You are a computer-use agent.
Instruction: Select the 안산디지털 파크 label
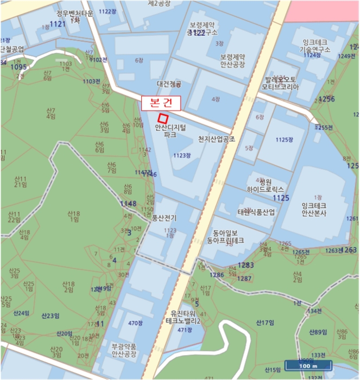tap(170, 130)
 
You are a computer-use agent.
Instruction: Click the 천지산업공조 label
tap(216, 140)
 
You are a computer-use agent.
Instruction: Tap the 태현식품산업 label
tap(256, 212)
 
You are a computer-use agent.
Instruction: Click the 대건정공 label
tap(168, 84)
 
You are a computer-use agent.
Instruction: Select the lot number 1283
tap(245, 265)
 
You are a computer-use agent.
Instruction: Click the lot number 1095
tap(18, 67)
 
